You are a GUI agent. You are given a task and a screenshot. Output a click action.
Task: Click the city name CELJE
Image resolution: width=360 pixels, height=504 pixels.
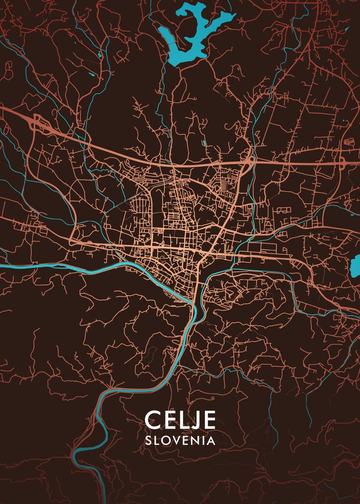point(180,420)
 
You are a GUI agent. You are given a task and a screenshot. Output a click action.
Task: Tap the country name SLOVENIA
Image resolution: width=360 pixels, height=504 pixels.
point(180,440)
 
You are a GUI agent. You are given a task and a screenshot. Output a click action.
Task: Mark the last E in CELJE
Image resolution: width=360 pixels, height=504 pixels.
point(209,420)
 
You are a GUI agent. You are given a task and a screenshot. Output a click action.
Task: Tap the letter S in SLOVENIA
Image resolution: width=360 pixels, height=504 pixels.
point(148,440)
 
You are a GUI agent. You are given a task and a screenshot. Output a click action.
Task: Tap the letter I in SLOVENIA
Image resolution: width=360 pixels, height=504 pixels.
point(203,440)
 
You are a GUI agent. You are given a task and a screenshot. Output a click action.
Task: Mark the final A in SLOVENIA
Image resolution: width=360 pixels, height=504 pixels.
point(211,440)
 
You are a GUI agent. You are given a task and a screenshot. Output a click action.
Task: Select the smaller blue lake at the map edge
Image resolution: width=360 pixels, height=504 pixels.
point(356,264)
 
